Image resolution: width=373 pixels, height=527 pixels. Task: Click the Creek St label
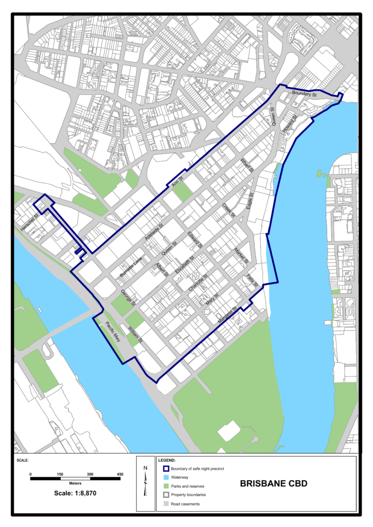tap(228, 210)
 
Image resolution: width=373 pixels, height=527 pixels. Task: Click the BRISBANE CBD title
tap(275, 484)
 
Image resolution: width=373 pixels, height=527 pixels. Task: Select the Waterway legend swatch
tap(166, 477)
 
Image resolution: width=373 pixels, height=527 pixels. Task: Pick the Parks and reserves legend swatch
tap(166, 486)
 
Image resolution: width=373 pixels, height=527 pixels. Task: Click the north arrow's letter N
tap(146, 467)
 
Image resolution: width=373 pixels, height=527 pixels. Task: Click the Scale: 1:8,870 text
tap(75, 493)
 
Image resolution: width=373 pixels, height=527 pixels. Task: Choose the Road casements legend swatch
tap(166, 503)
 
